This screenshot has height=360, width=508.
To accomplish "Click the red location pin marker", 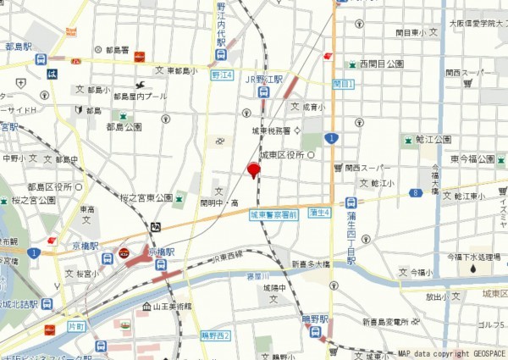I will pos(252,170).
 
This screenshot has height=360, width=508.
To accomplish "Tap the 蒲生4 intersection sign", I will pos(319,212).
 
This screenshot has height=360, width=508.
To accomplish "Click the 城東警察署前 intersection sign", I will pos(273,216).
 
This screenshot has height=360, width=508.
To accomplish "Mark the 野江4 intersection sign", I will pos(221,75).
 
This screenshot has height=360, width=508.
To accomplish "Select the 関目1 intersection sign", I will pos(343,84).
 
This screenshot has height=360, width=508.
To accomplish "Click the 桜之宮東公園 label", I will pos(146,198).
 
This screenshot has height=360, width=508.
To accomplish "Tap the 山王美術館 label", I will pos(173,306).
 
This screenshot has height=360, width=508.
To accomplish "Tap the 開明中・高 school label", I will pos(218,203).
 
